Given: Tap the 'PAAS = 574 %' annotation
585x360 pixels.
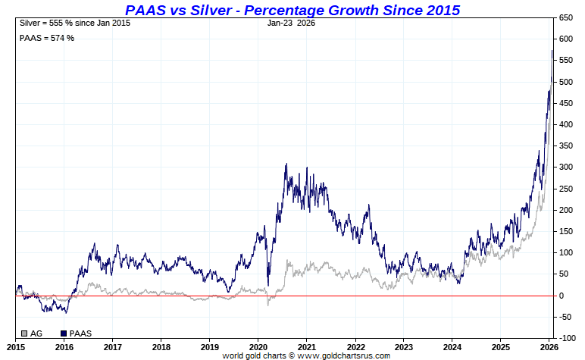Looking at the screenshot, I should pos(46,38).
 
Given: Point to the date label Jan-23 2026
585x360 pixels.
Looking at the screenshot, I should pos(291,23).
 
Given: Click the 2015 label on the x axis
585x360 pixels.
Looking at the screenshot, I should pos(17,347).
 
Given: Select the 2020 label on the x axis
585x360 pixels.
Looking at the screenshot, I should pos(258,347).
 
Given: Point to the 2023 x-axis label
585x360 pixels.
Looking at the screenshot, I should pos(403,347).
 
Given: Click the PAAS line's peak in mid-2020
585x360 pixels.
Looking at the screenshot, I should pos(286,164).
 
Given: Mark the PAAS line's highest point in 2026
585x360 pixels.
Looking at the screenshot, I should pos(552,51).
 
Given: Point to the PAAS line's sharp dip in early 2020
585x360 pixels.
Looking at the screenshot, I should pos(268,285).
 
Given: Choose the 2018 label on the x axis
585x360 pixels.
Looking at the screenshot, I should pos(161,347).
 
